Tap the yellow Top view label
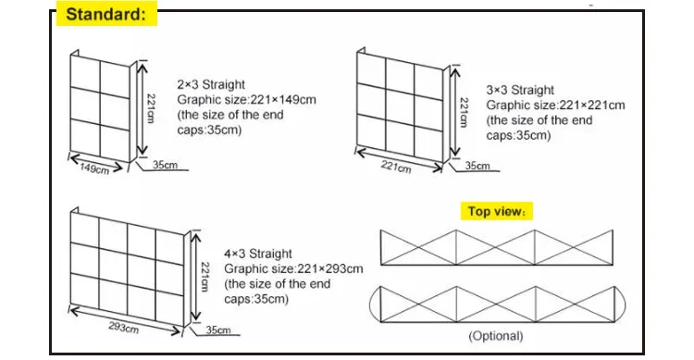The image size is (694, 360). (496, 211)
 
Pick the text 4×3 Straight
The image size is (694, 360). (258, 253)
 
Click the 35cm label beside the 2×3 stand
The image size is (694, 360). (167, 166)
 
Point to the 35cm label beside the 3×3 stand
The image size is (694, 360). (477, 166)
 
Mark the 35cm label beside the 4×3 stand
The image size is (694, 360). (218, 329)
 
